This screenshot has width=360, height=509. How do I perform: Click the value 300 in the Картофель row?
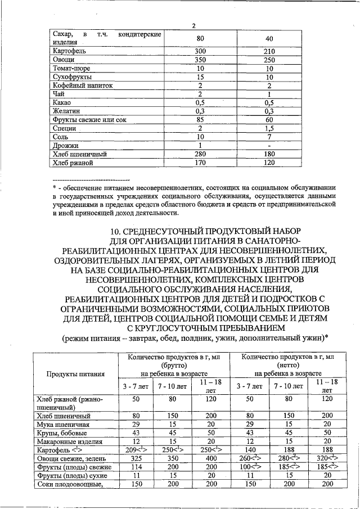200,51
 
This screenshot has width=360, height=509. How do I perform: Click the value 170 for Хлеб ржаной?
200,163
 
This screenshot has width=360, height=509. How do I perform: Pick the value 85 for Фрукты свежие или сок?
200,120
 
